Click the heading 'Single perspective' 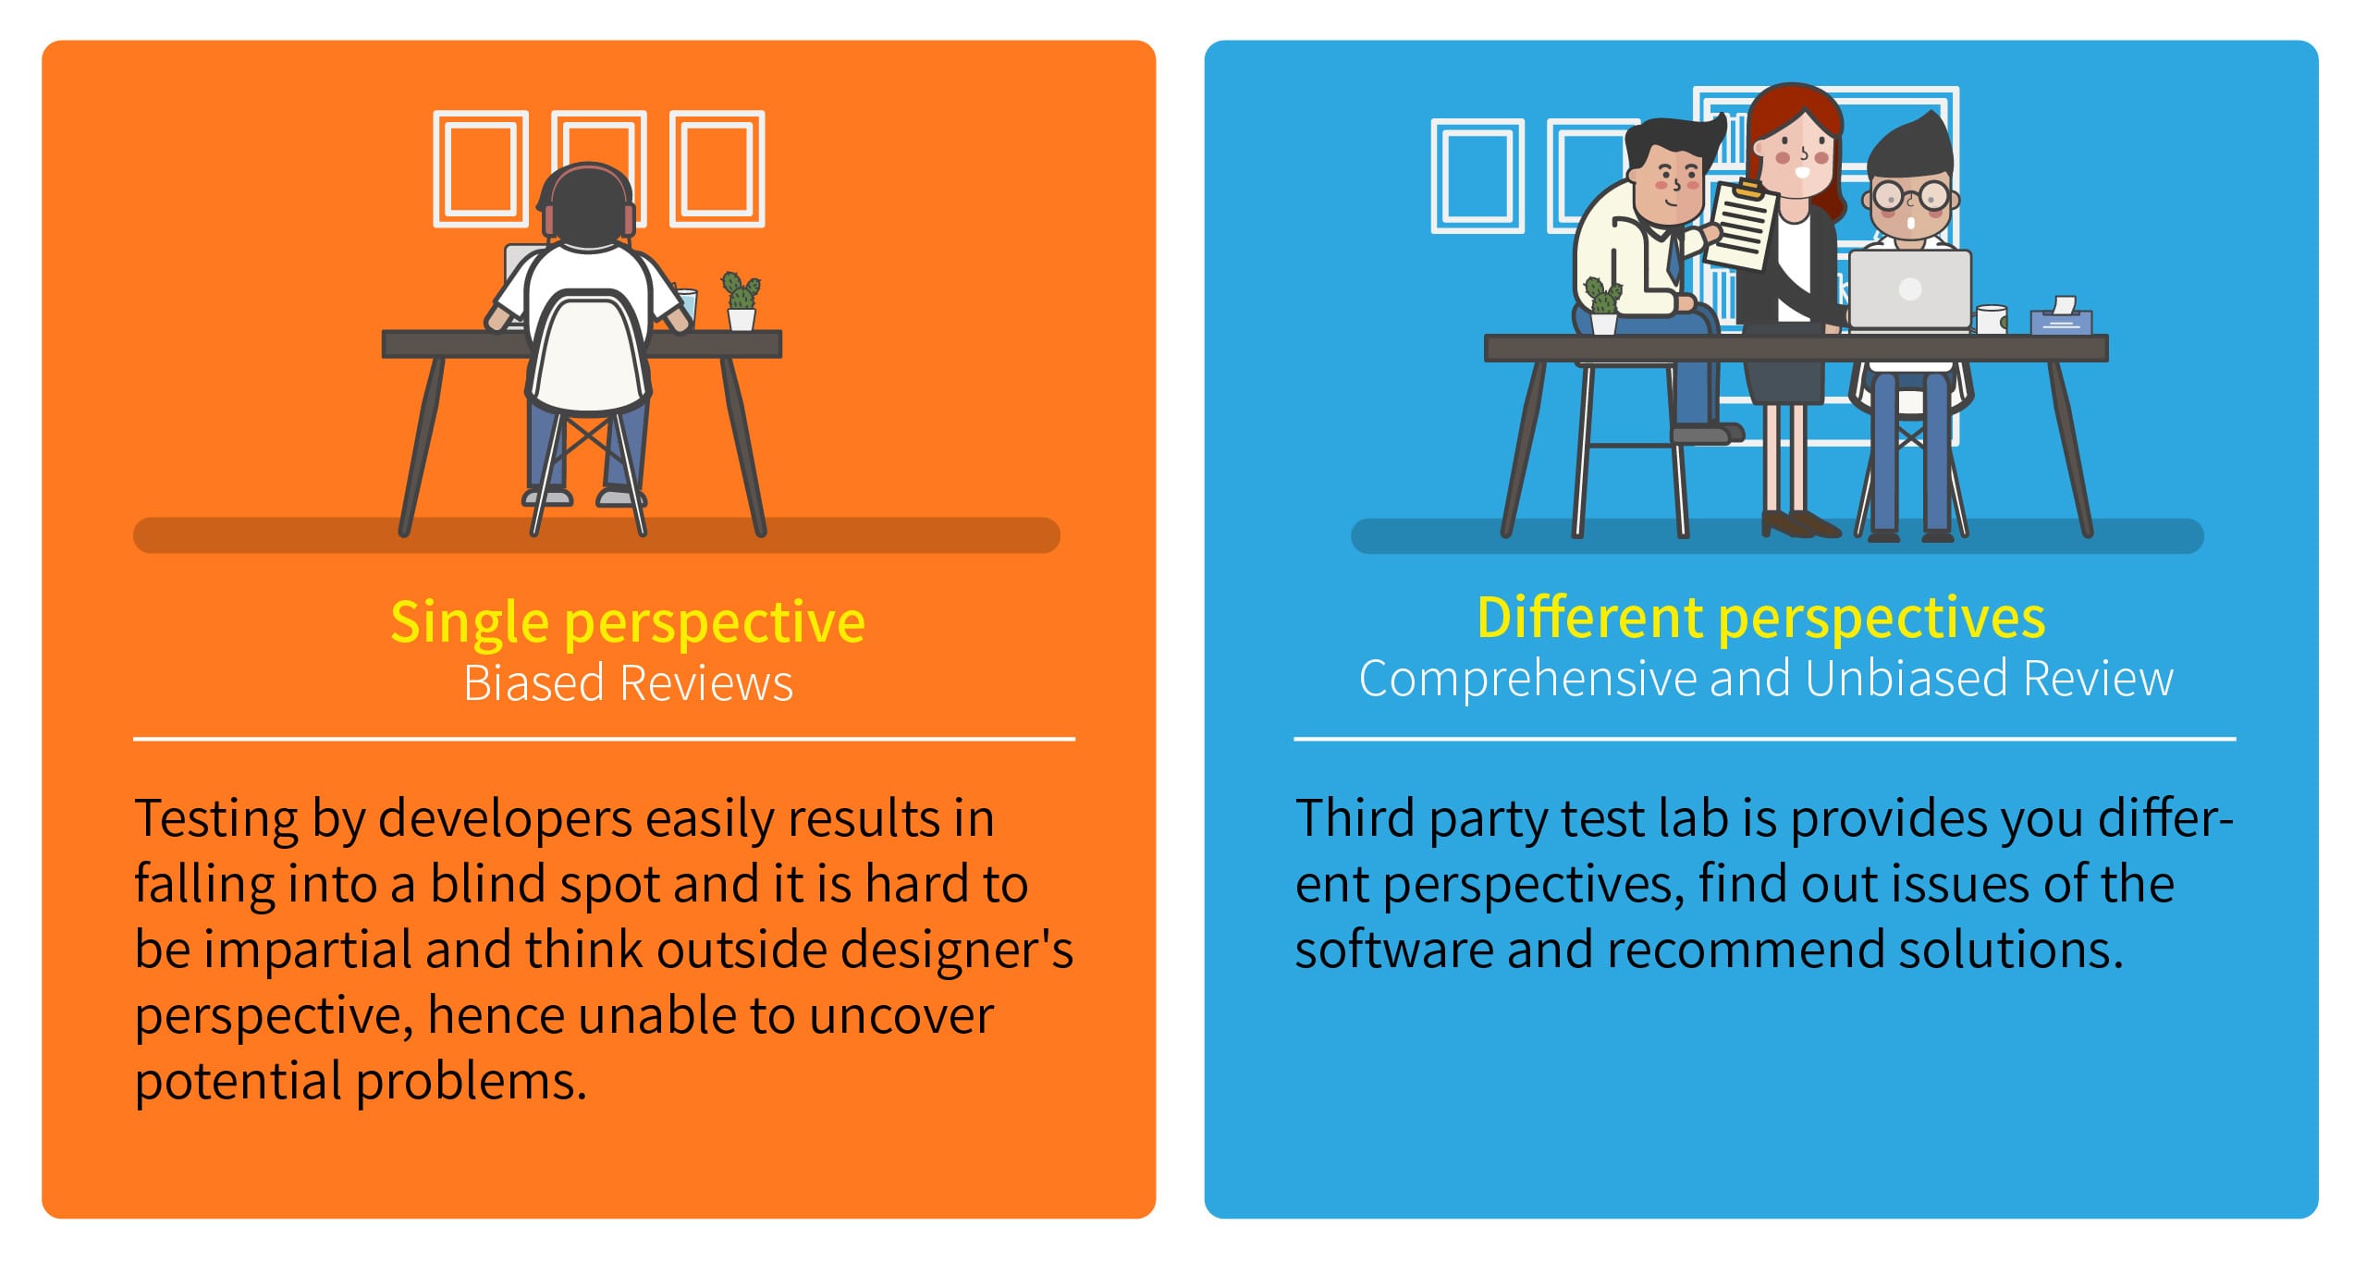tap(628, 622)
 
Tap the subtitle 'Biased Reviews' tap(628, 683)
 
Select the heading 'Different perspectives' tap(1760, 618)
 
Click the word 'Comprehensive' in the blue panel tap(1528, 680)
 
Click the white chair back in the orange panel tap(589, 349)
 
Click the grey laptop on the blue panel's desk tap(1909, 289)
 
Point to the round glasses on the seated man tap(1911, 196)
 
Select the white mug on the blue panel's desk tap(1991, 319)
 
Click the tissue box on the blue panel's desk tap(2061, 317)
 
